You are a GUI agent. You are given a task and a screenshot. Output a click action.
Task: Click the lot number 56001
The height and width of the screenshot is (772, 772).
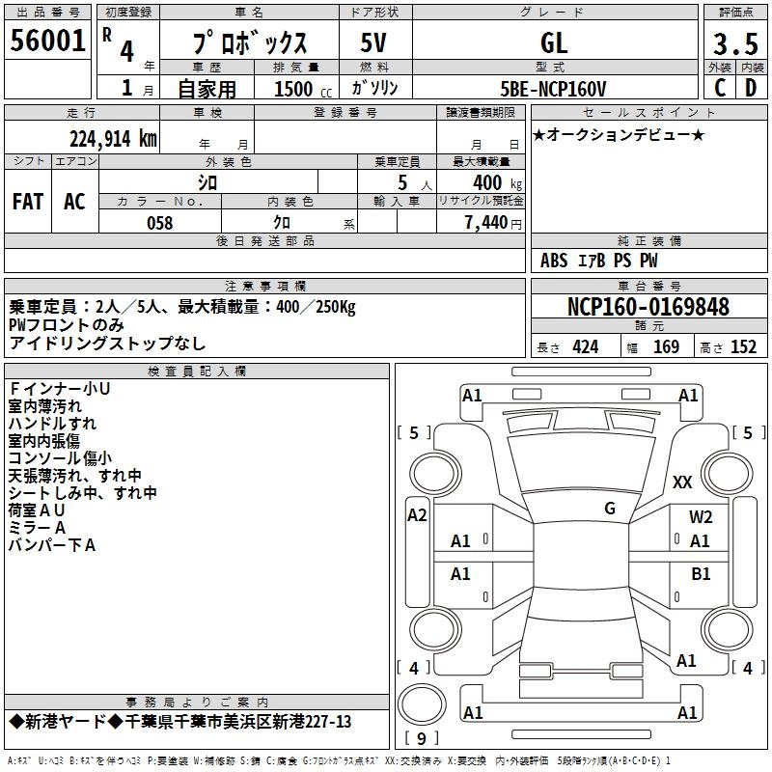pos(47,41)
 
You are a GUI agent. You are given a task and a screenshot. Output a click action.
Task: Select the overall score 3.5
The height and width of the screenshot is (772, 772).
pos(735,43)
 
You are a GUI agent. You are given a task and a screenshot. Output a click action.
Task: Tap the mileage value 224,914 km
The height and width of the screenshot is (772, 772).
pos(113,139)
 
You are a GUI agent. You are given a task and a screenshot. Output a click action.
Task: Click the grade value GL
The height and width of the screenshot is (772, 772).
pos(554,43)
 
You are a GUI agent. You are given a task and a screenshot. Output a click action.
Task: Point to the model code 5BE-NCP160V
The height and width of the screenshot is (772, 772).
pos(553,89)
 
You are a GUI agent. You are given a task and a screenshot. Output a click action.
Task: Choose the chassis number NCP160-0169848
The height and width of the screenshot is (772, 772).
pos(648,306)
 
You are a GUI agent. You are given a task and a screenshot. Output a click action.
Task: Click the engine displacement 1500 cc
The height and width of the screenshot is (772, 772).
pos(303,89)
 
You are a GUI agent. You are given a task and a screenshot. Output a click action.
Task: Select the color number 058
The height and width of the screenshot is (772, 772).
pos(160,223)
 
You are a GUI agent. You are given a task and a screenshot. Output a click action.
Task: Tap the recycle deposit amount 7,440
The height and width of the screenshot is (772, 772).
pos(486,222)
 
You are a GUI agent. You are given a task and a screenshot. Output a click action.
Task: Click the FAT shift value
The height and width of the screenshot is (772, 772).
pos(28,202)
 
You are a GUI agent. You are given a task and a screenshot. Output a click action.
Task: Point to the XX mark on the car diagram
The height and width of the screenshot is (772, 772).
pos(682,482)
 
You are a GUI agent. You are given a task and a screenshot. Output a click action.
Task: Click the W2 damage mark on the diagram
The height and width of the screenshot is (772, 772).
pos(701,517)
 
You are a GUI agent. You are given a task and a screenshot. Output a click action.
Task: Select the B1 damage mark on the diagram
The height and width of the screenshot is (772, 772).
pos(701,574)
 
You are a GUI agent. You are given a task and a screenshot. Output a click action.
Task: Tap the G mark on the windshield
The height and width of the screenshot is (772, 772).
pos(610,509)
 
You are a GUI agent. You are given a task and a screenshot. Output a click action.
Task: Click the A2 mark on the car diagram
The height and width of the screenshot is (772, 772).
pos(417,515)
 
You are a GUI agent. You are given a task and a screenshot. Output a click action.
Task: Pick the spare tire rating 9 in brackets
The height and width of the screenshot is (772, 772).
pos(422,738)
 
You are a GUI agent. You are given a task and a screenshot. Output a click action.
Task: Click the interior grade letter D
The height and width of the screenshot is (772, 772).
pos(751,88)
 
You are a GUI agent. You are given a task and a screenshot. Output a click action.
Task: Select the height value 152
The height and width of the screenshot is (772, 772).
pos(743,347)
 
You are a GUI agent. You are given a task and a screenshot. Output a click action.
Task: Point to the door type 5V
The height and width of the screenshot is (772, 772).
pos(373,42)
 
